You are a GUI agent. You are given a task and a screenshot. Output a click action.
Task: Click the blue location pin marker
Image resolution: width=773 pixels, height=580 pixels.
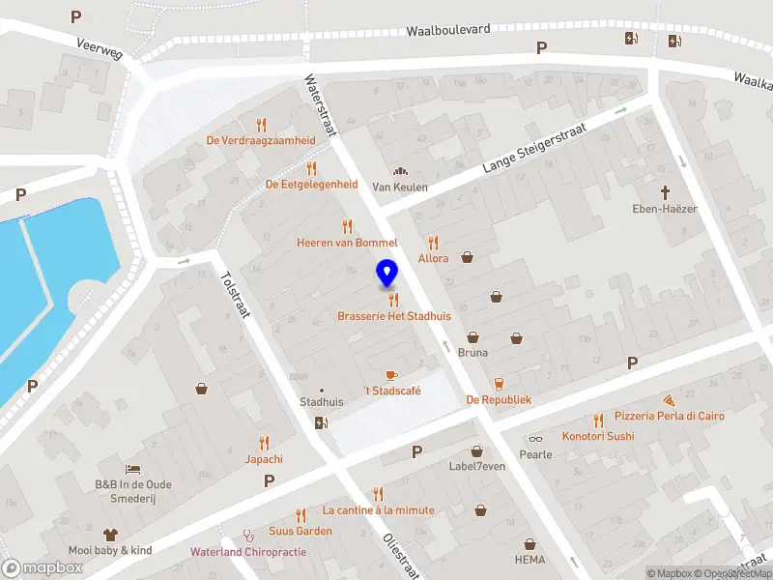coord(386,274)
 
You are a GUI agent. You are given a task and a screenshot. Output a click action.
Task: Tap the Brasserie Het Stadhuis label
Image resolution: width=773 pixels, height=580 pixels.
coord(394,316)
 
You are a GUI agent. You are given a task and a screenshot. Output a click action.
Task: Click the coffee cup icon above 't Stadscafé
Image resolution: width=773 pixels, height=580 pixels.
coord(391,374)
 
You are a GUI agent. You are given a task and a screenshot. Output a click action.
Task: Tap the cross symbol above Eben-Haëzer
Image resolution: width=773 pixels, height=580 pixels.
coord(666,192)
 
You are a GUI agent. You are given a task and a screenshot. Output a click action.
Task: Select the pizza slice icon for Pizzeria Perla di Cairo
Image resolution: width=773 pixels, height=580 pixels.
coord(669,399)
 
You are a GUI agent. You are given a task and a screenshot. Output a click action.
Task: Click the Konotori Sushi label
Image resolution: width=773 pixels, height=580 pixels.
coord(598,436)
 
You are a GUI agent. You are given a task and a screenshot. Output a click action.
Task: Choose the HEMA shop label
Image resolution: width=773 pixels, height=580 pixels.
coord(530,560)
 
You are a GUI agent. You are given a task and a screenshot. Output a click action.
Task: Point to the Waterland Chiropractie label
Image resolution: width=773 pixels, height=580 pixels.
coord(248,551)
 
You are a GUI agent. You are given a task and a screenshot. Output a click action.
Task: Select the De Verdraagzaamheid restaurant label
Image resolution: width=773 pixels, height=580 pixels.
coord(261,140)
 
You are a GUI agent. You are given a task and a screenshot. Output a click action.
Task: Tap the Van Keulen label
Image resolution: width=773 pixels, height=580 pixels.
coord(400,187)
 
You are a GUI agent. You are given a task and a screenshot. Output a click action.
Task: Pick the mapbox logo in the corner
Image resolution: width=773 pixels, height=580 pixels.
coord(43,567)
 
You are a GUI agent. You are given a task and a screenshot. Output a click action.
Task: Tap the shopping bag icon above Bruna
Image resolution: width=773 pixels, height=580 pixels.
coord(473,337)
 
